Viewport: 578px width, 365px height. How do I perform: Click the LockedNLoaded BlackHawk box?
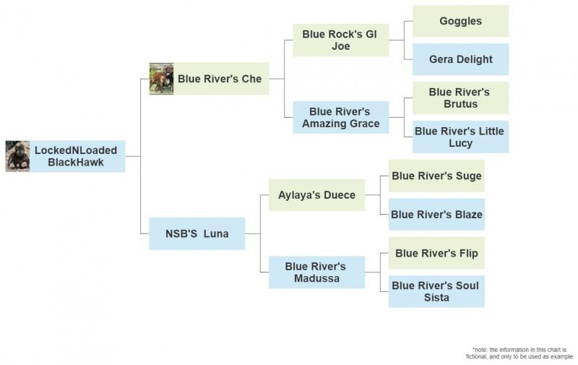coord(76,156)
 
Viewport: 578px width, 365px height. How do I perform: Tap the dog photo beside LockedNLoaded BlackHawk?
coord(17,156)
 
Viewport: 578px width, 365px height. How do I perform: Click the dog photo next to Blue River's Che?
coord(161,79)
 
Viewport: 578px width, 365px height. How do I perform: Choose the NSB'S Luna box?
coord(197,233)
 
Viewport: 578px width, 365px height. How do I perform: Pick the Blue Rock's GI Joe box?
coord(340,40)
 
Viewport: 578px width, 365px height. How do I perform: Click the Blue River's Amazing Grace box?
coord(340,117)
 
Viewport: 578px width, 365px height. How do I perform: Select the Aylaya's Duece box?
coord(316,195)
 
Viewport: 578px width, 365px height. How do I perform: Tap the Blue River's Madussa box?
coord(316,272)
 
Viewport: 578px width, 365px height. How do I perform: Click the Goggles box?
coord(460,21)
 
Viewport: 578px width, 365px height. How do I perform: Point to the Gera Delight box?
coord(460,59)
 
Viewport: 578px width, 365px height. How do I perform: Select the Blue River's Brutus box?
coord(460,98)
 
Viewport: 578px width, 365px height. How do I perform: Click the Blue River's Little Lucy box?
coord(460,137)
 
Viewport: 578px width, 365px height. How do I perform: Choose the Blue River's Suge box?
coord(436,176)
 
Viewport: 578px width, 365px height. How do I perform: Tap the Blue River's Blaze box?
coord(436,214)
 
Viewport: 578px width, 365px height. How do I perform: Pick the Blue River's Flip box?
coord(436,253)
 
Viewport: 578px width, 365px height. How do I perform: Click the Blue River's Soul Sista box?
coord(436,291)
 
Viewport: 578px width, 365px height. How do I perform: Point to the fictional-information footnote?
coord(519,353)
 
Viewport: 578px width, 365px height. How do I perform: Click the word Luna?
coord(215,233)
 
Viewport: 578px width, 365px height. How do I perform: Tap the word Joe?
coord(340,46)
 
